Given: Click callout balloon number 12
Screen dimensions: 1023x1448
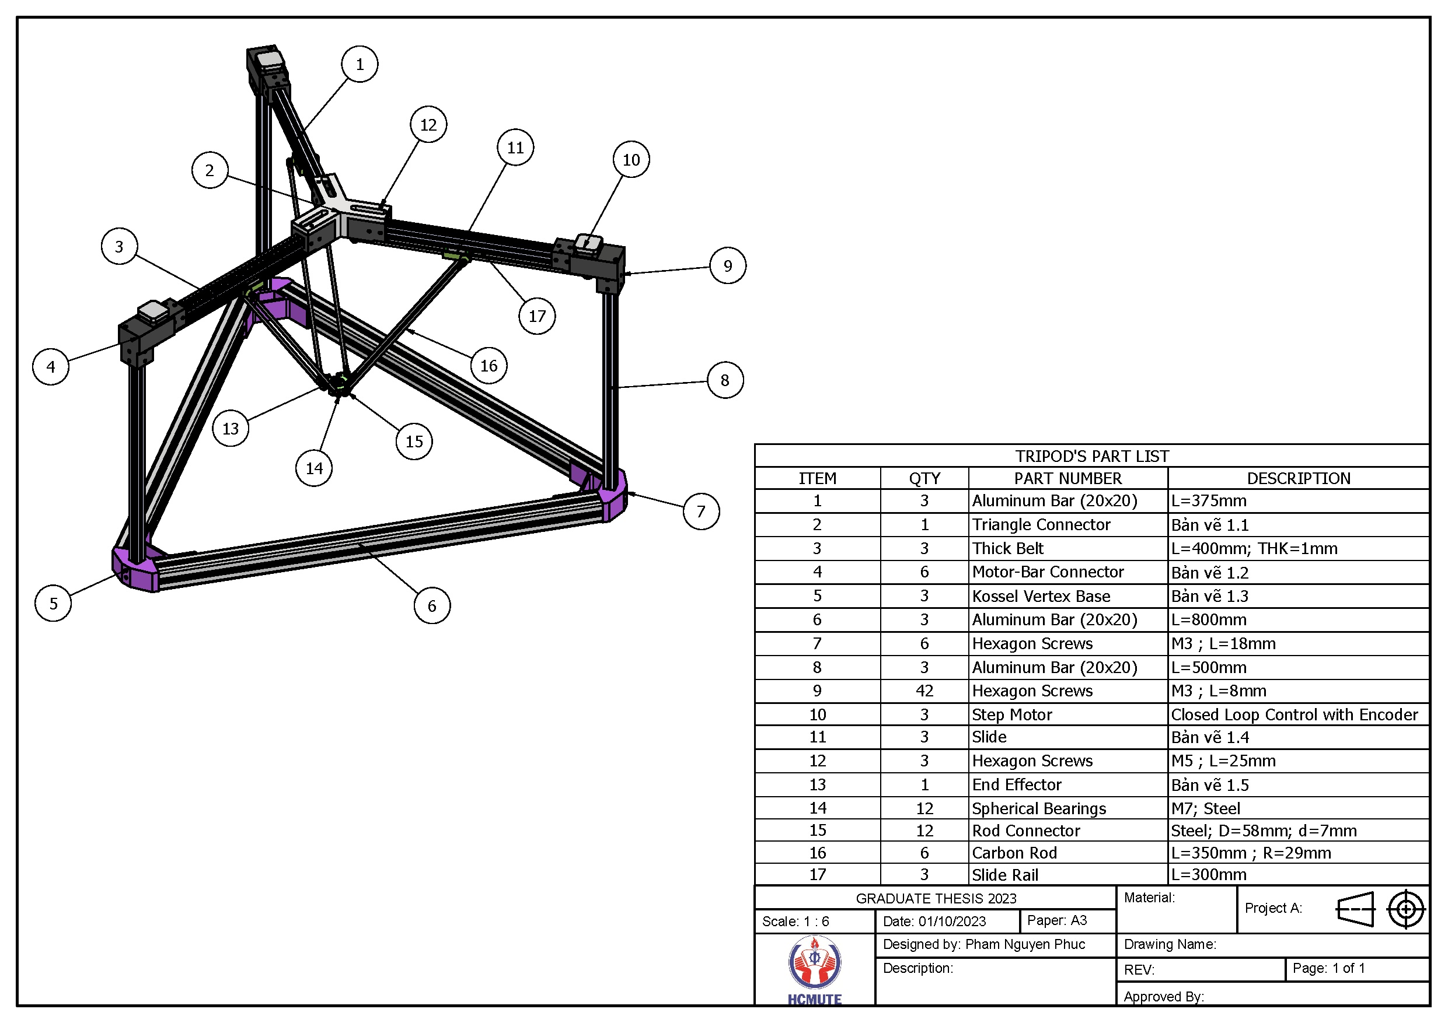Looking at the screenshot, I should tap(428, 125).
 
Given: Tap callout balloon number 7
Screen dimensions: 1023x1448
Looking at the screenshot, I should tap(701, 511).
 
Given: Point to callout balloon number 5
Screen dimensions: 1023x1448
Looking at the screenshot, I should tap(53, 603).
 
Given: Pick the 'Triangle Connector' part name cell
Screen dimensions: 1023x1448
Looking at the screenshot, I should tap(1041, 524).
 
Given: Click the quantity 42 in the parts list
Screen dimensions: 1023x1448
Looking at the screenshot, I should tap(924, 691).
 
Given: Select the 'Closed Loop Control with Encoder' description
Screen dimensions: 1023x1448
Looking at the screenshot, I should tap(1294, 714).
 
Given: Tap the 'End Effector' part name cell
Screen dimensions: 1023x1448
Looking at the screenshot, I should tap(1017, 784).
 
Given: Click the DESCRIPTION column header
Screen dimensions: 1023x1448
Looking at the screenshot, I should tap(1298, 478).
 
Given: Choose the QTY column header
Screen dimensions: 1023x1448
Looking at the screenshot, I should tap(924, 478).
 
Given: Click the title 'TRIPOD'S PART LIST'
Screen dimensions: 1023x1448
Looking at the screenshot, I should tap(1091, 456).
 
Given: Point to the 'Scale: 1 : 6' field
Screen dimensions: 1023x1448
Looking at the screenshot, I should tap(795, 922).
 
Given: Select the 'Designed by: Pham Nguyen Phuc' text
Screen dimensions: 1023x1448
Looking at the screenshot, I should tap(984, 944).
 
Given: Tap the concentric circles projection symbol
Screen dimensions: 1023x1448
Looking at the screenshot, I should tap(1406, 909).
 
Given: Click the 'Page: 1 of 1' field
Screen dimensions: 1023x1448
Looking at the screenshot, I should tap(1328, 968).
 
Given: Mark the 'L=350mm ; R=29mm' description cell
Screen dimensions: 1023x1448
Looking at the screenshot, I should tap(1251, 853).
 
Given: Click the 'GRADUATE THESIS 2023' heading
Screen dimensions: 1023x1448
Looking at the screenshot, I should tap(936, 898).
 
